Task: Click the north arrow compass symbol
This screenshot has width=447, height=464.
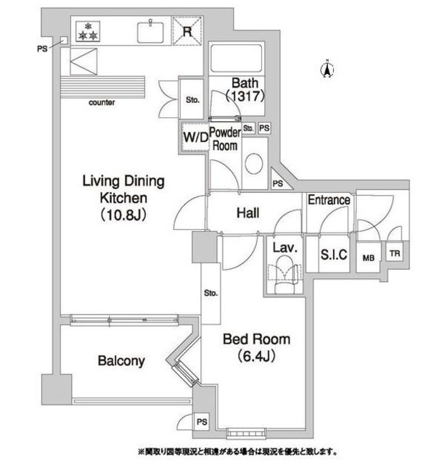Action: point(327,70)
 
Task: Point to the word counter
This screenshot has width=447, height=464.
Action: point(102,103)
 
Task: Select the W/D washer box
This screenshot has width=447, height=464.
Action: point(194,136)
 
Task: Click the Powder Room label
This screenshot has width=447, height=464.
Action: point(225,138)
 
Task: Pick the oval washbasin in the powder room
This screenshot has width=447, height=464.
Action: point(253,164)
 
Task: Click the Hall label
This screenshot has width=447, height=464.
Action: point(249,213)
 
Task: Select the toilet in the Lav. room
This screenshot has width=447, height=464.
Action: point(285,275)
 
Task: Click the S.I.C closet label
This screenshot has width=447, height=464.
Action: point(335,254)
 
